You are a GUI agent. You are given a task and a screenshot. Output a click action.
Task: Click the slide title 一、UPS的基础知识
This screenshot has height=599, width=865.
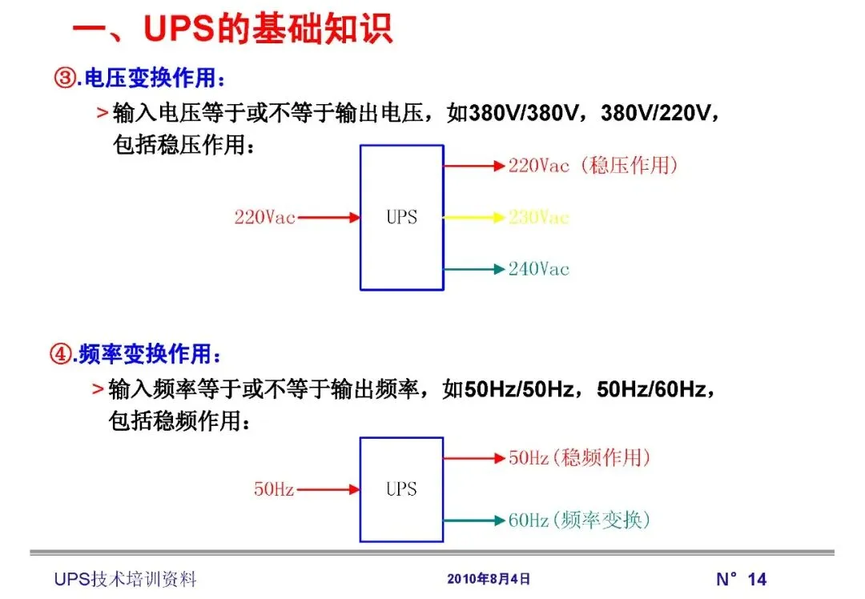tap(232, 30)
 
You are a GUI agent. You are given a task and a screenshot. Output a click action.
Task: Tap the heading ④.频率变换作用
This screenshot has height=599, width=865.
tap(135, 353)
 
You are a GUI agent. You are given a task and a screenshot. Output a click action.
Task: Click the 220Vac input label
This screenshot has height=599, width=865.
tap(264, 217)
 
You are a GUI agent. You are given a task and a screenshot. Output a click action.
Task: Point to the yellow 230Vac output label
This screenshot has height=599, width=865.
tap(538, 217)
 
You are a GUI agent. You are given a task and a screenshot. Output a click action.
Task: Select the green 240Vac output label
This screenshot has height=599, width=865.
tap(538, 269)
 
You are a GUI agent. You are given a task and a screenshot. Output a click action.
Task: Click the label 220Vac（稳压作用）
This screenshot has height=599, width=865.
tap(593, 166)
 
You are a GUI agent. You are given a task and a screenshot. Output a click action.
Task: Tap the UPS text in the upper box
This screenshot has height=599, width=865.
tap(401, 217)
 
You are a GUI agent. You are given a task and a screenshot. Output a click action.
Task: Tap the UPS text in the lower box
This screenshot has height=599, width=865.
tap(401, 488)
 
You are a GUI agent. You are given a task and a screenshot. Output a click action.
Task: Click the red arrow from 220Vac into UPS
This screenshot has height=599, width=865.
tap(328, 217)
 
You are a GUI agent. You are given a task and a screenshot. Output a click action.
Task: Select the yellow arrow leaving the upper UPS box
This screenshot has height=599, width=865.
tap(474, 217)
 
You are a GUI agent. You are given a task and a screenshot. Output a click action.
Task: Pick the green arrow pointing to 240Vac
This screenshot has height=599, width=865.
tap(474, 269)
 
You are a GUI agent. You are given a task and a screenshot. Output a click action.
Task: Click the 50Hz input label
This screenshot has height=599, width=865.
tap(274, 488)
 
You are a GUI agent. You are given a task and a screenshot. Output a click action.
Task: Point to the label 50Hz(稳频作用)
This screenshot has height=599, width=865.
tap(579, 458)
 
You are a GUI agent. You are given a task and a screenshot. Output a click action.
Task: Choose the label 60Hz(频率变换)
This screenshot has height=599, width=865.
tap(579, 521)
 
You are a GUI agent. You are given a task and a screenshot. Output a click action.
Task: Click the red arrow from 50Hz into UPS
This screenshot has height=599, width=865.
tap(328, 488)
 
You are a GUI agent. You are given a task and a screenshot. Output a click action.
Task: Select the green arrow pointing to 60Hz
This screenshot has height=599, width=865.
tap(474, 521)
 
